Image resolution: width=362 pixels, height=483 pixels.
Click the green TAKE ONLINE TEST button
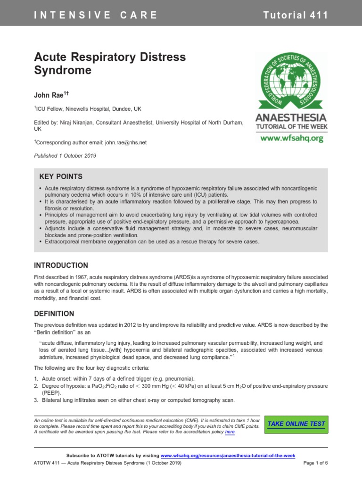(x=296, y=424)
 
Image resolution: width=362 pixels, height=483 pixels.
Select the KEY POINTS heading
(x=60, y=176)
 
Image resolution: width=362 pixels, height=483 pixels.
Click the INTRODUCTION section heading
(x=61, y=266)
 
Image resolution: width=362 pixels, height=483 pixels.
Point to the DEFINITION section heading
(x=54, y=313)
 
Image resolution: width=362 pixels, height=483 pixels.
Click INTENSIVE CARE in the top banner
(x=96, y=15)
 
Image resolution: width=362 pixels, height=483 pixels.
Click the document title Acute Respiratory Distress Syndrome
(x=110, y=64)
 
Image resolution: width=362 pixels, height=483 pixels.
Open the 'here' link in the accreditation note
(x=230, y=432)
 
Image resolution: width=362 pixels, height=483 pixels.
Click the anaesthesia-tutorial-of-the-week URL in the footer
(x=228, y=455)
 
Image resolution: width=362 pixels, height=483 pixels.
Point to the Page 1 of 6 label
(x=315, y=463)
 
